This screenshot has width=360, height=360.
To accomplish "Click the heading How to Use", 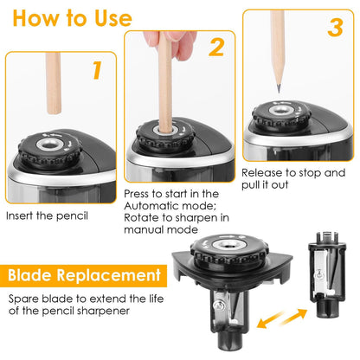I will coord(71,19).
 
